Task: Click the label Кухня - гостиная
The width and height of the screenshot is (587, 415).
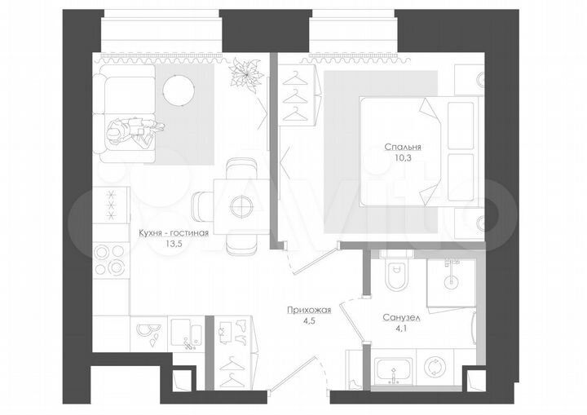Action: pos(174,232)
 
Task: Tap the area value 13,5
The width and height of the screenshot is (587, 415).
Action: pos(174,243)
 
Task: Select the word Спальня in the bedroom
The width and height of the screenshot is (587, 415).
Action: pos(403,147)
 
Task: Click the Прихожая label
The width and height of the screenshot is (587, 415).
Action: pos(307,310)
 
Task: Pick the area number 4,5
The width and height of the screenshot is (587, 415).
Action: pos(307,320)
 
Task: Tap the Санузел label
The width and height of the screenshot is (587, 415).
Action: pos(400,319)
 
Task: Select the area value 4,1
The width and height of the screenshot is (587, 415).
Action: pos(400,329)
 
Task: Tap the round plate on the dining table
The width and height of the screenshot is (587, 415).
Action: pos(241,206)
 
